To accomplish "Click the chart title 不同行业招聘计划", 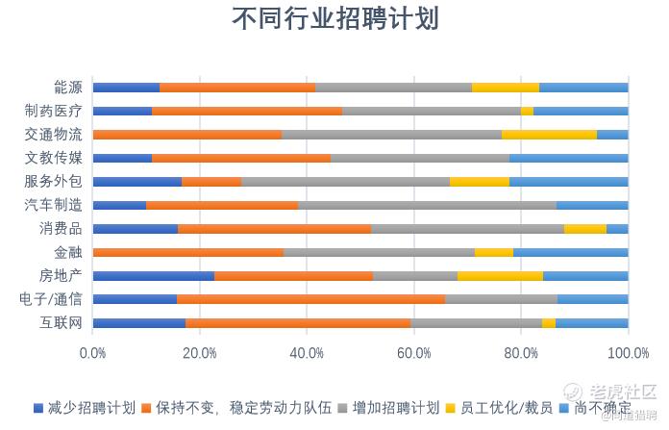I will (x=334, y=20).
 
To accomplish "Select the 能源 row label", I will (x=67, y=88).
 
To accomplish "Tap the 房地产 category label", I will (x=61, y=275).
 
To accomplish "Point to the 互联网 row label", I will (x=61, y=322).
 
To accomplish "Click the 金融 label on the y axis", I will (x=67, y=252).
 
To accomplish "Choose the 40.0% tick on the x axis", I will (x=307, y=354).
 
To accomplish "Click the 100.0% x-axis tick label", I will (x=629, y=354).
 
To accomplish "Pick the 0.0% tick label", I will (x=92, y=354).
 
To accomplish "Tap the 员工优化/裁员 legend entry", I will (x=510, y=408).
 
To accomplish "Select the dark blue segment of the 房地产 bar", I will (x=153, y=275).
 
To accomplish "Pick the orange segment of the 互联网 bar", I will (x=298, y=322).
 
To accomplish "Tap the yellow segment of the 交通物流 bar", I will (x=549, y=135).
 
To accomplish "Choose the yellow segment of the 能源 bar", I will (x=506, y=88).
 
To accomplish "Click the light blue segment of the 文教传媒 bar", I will (x=568, y=158).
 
